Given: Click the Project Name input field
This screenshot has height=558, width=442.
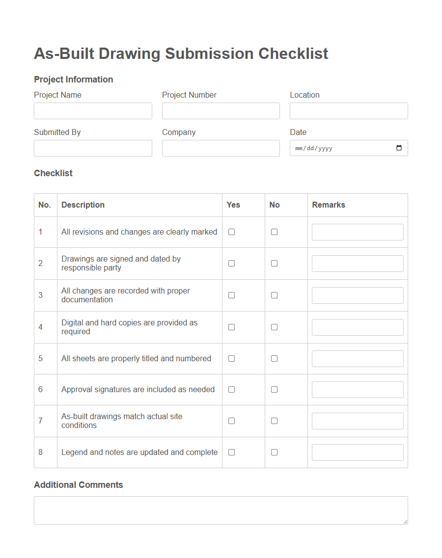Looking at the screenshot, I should point(93,111).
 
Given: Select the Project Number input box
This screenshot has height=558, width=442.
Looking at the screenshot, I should point(221,111).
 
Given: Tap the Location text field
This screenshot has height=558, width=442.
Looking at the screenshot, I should point(349,111).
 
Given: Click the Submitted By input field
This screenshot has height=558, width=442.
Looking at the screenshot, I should point(93,148).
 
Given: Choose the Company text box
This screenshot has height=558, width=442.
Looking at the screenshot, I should point(221,148).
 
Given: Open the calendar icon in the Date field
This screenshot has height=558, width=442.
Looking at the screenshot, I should point(399,148).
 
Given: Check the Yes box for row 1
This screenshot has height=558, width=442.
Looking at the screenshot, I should point(231,232).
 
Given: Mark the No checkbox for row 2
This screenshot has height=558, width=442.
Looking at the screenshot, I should point(274,264).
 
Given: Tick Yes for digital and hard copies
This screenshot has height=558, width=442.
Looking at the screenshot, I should point(231,327).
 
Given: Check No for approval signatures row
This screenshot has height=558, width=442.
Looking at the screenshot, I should point(274,390).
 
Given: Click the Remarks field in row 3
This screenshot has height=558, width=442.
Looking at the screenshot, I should point(358,295).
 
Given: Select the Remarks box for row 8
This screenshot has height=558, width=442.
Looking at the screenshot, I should point(358,452).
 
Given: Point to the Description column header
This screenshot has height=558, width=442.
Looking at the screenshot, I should point(83,205).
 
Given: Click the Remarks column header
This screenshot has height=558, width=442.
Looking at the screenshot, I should point(329,205).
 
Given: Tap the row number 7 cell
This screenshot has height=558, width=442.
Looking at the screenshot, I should point(40,421).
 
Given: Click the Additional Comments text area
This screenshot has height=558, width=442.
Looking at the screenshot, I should point(221,510).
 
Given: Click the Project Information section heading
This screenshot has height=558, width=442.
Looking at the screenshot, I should point(74,80).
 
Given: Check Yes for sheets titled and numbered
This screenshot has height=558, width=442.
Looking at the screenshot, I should point(231,359).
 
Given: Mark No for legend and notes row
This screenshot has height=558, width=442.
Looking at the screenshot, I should point(274,452).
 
